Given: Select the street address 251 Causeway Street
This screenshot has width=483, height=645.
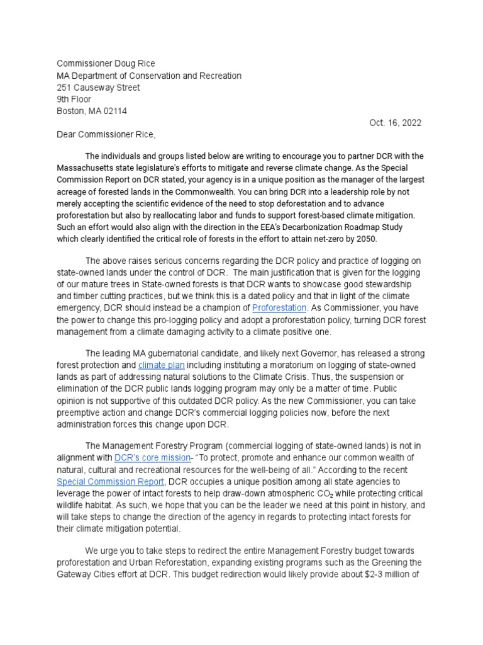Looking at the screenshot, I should click(x=99, y=88).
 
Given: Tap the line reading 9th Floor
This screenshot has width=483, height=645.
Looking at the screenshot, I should click(x=74, y=100).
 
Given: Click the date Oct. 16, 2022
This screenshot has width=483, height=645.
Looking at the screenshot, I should click(x=395, y=123).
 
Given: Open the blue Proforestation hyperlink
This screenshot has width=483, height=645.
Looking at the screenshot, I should click(x=279, y=308).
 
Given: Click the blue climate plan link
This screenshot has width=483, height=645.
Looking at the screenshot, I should click(x=161, y=365).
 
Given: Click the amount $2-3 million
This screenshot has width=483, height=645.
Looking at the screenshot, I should click(x=384, y=574).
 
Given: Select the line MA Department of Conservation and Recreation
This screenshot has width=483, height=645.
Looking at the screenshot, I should click(x=149, y=76).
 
